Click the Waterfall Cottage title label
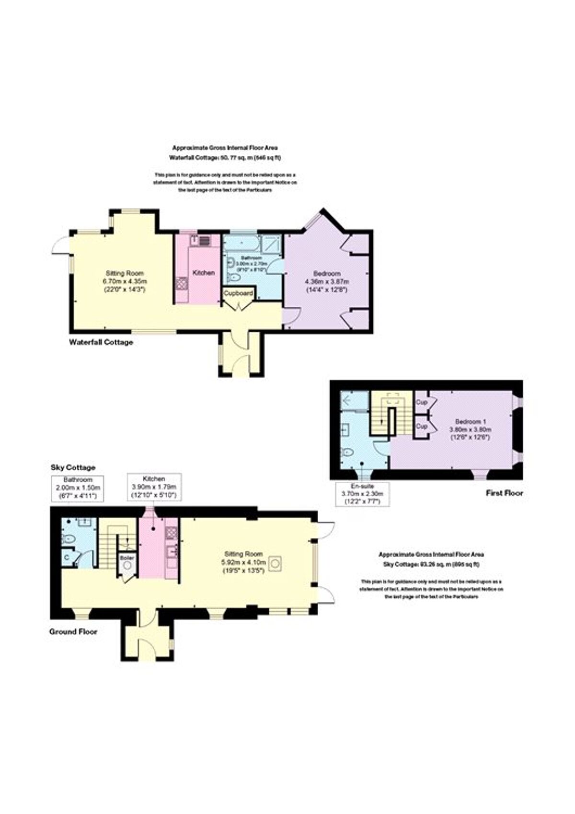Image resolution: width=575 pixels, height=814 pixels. click(101, 342)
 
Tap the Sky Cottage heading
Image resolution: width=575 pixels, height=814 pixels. click(73, 467)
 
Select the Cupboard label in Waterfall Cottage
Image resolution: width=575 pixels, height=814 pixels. click(238, 292)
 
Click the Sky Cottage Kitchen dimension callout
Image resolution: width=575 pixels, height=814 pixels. click(154, 487)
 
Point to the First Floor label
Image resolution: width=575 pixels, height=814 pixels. click(504, 493)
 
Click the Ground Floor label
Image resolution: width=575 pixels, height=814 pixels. click(73, 631)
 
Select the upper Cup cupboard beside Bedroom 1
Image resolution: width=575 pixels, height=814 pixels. click(422, 402)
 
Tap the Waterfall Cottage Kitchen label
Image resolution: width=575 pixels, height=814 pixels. click(204, 272)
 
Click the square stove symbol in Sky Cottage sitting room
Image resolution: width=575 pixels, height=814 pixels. click(275, 563)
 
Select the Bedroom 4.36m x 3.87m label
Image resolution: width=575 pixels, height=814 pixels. click(327, 281)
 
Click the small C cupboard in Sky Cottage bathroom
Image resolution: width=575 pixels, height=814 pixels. click(67, 557)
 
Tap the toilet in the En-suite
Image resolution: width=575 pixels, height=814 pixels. click(348, 452)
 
